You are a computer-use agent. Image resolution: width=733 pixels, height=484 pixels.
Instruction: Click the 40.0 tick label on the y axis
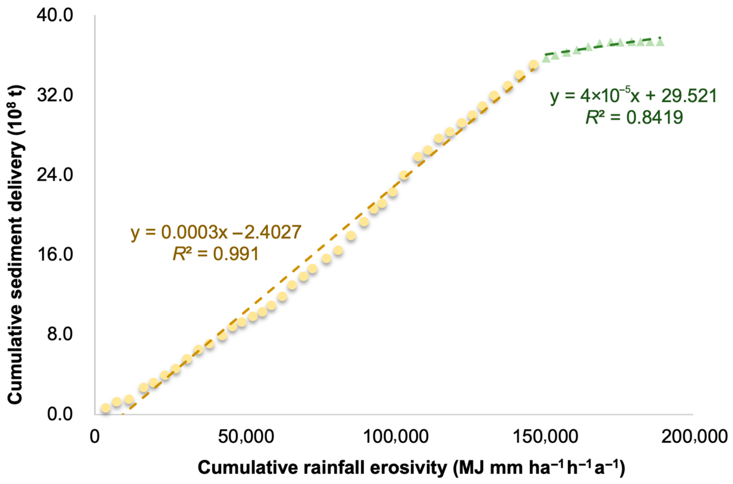point(55,15)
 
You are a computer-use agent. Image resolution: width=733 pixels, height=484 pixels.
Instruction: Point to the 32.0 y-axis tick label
point(55,95)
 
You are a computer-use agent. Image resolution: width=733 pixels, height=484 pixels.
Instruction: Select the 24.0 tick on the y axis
point(55,175)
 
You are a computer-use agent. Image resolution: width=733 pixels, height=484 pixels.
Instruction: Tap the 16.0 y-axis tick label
point(55,255)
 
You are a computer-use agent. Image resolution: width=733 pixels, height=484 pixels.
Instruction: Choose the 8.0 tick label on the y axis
point(60,334)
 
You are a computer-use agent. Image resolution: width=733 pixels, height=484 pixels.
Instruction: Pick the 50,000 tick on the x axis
point(246,437)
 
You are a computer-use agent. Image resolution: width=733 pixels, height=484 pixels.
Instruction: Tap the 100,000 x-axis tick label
point(395,437)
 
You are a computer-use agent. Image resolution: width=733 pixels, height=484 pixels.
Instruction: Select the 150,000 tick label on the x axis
point(545,437)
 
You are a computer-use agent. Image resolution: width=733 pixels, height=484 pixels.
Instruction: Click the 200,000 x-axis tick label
point(694,437)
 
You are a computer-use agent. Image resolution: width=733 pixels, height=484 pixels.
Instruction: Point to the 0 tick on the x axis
point(95,437)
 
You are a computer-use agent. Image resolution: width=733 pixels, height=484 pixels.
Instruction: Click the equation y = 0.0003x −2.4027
point(216,232)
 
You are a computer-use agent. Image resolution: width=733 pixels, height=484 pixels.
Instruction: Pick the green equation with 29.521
point(633,96)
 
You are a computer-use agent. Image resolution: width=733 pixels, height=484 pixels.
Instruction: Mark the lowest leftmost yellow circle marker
point(106,408)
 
